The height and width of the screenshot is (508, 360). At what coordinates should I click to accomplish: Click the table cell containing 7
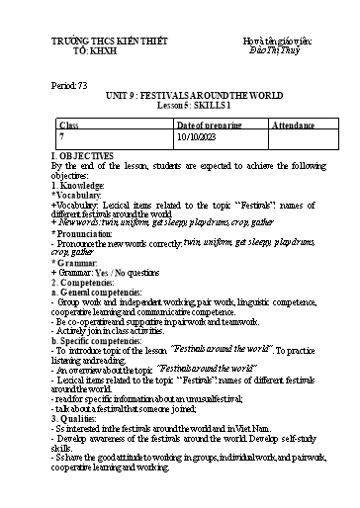(62, 139)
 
